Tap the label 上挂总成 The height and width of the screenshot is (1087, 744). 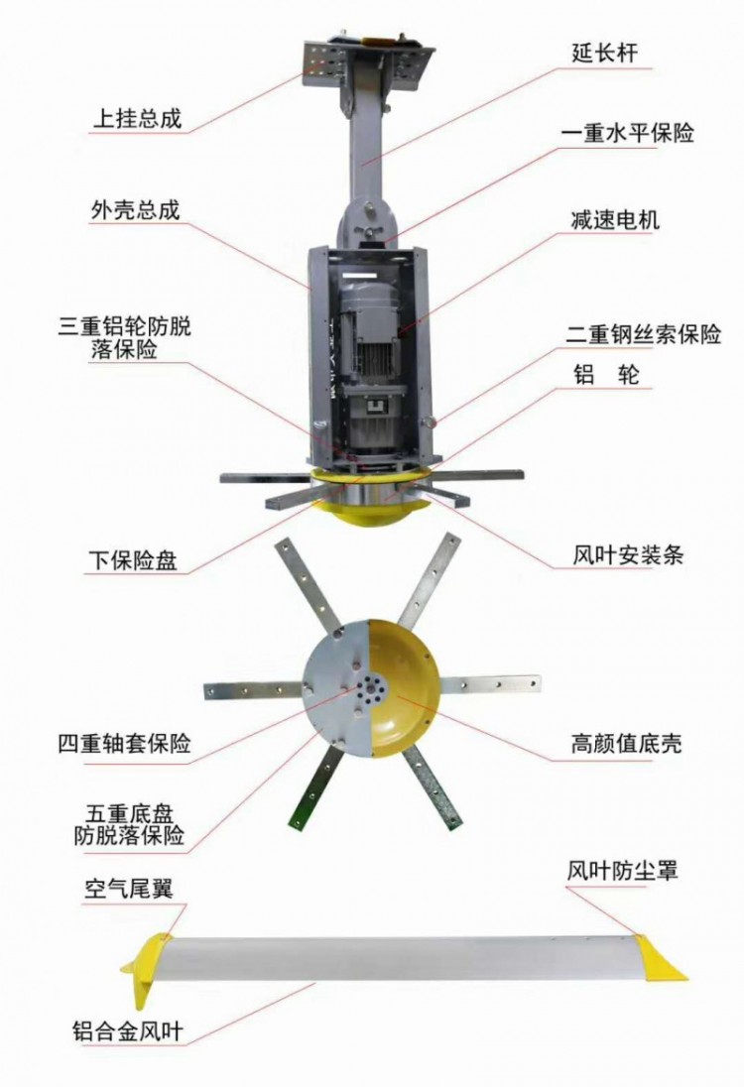pos(137,119)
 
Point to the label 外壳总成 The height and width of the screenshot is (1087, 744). pos(135,210)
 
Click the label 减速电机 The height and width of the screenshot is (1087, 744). pos(614,220)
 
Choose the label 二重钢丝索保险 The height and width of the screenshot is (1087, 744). pos(644,335)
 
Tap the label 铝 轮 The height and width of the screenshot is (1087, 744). pos(605,375)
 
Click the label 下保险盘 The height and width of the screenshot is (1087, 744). pos(133,560)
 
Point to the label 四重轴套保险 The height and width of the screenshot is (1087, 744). pos(124,744)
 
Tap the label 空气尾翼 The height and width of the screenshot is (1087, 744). pos(128,888)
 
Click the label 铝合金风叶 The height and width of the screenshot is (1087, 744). pos(128,1030)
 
